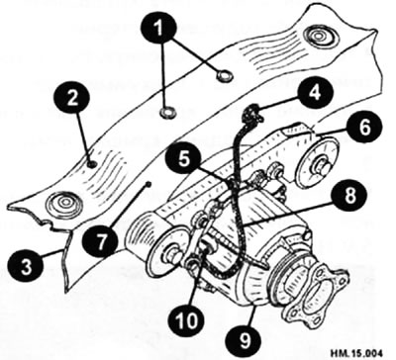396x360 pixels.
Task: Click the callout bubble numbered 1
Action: click(159, 29)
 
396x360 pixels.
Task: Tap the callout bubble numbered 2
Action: click(71, 99)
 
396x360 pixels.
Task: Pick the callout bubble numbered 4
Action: click(315, 92)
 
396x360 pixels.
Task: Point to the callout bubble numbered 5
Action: click(183, 160)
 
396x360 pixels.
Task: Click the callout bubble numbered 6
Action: click(364, 128)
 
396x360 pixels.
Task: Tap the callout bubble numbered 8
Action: click(349, 195)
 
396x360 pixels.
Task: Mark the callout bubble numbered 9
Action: click(245, 340)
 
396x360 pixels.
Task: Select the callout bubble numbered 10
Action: click(186, 319)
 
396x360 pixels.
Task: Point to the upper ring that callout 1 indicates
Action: click(225, 77)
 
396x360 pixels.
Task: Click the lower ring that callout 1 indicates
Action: click(168, 113)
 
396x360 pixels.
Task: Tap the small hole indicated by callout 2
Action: click(93, 164)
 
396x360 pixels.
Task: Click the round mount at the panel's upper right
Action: click(319, 36)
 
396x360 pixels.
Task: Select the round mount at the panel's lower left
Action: click(63, 203)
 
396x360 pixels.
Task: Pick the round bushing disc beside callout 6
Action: click(318, 164)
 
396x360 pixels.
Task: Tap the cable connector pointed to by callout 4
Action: click(252, 113)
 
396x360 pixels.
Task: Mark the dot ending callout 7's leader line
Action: click(148, 185)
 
